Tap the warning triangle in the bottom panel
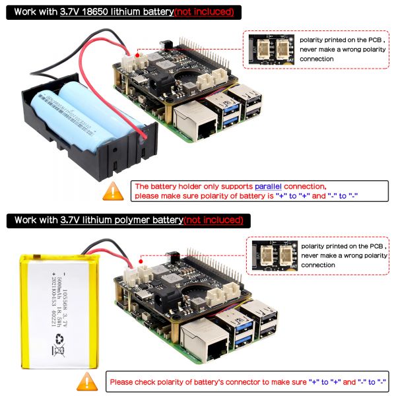coord(86,381)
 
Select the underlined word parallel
coord(267,187)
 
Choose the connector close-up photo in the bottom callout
coord(275,255)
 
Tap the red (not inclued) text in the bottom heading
coord(213,219)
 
